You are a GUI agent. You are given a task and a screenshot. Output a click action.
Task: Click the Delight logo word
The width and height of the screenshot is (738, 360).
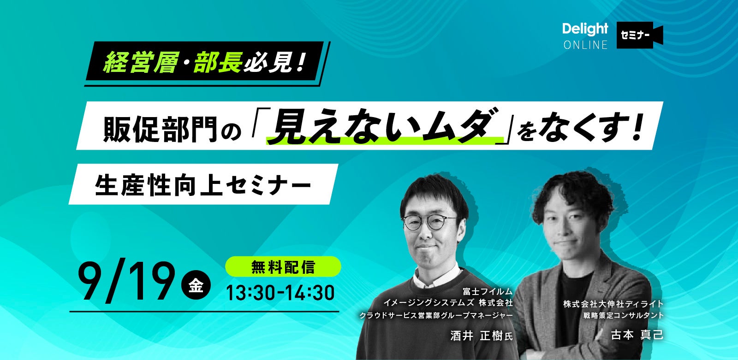(585, 29)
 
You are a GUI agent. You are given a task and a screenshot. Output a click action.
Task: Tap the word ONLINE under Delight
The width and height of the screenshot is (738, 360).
(585, 45)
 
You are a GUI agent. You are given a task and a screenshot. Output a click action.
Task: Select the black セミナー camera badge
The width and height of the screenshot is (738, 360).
(639, 35)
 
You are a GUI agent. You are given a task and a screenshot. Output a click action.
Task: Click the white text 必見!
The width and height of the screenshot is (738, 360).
(275, 62)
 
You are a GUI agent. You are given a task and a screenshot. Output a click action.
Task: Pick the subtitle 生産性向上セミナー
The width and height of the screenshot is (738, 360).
(203, 185)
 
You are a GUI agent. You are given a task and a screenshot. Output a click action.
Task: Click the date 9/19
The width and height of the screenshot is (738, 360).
(126, 281)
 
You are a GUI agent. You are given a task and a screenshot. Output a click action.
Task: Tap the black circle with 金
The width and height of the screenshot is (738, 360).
(196, 285)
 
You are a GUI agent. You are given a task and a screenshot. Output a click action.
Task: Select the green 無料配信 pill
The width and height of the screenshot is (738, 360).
(283, 266)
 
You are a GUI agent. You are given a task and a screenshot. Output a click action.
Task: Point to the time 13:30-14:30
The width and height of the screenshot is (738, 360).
(280, 293)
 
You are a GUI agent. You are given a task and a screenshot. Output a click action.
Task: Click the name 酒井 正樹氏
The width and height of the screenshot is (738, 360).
(482, 336)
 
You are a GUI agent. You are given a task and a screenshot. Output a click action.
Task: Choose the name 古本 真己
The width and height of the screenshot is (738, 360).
(637, 335)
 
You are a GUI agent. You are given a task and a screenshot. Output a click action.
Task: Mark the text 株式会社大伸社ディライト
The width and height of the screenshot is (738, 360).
(613, 304)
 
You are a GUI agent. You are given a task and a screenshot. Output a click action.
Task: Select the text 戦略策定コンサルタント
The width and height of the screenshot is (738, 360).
(623, 315)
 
